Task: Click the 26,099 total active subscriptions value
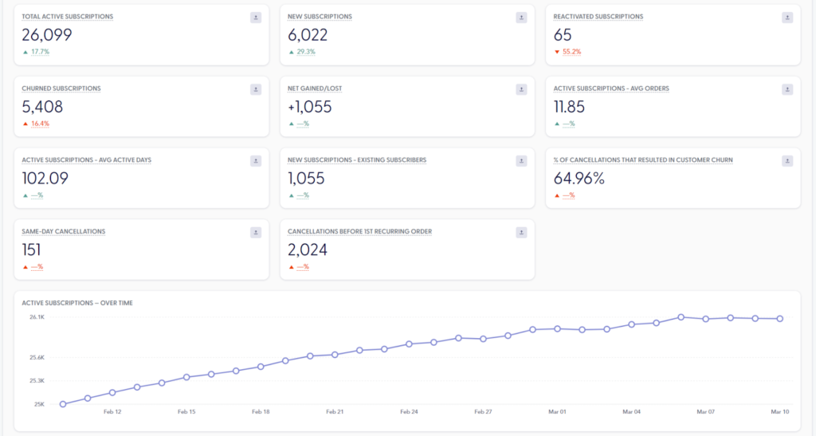click(47, 35)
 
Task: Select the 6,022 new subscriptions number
click(308, 35)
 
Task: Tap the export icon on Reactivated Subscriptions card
click(787, 18)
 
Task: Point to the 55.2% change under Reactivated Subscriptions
click(571, 52)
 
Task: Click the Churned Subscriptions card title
click(61, 88)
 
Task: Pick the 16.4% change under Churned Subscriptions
click(40, 124)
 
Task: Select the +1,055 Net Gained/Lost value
click(310, 107)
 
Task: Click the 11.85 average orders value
click(574, 107)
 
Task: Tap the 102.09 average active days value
click(45, 179)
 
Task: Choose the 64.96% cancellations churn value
click(579, 179)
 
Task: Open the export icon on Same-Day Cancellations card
click(256, 233)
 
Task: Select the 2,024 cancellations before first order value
click(308, 250)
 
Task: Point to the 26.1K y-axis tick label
click(37, 317)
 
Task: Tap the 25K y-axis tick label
click(39, 404)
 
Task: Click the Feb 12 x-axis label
click(112, 412)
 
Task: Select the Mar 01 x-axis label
click(557, 412)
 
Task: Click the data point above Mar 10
click(779, 319)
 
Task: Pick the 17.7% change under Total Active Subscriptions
click(40, 52)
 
